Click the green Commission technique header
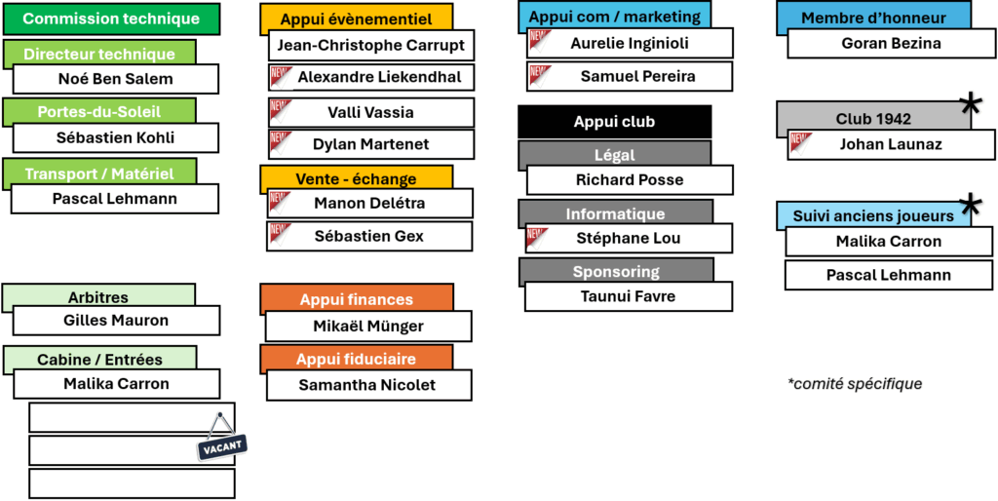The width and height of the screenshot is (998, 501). pyautogui.click(x=111, y=19)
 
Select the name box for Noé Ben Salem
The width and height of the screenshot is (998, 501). pyautogui.click(x=116, y=79)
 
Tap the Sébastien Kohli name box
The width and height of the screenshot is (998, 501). pyautogui.click(x=116, y=137)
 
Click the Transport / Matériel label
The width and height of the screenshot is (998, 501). pyautogui.click(x=99, y=173)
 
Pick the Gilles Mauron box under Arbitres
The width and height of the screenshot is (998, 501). pyautogui.click(x=117, y=321)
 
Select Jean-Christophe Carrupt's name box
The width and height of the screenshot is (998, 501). pyautogui.click(x=371, y=45)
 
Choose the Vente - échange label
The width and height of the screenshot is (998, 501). pyautogui.click(x=357, y=179)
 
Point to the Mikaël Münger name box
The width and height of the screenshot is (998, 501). pyautogui.click(x=368, y=327)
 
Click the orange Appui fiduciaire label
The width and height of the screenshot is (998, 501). pyautogui.click(x=357, y=359)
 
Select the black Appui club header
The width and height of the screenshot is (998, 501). pyautogui.click(x=615, y=122)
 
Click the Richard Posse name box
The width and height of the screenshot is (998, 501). pyautogui.click(x=630, y=179)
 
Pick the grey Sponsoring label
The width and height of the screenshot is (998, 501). pyautogui.click(x=616, y=272)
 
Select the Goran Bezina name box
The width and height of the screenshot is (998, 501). pyautogui.click(x=891, y=43)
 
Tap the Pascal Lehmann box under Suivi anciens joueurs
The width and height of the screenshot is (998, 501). pyautogui.click(x=889, y=275)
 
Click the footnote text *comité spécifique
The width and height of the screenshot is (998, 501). pyautogui.click(x=855, y=384)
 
